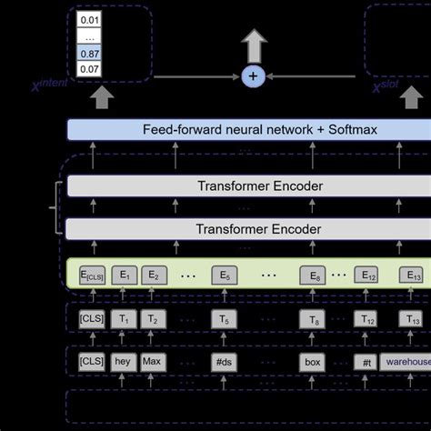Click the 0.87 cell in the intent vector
(90, 54)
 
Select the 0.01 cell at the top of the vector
(90, 19)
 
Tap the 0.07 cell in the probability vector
(90, 68)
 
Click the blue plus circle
(253, 76)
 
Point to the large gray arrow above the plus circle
(253, 45)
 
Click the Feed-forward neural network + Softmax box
(247, 130)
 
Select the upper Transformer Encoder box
(247, 186)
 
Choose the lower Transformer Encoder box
(247, 229)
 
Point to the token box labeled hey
(123, 362)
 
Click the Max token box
(152, 362)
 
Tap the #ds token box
(224, 362)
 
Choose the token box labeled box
(313, 362)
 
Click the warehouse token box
(406, 362)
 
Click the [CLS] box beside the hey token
(90, 362)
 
